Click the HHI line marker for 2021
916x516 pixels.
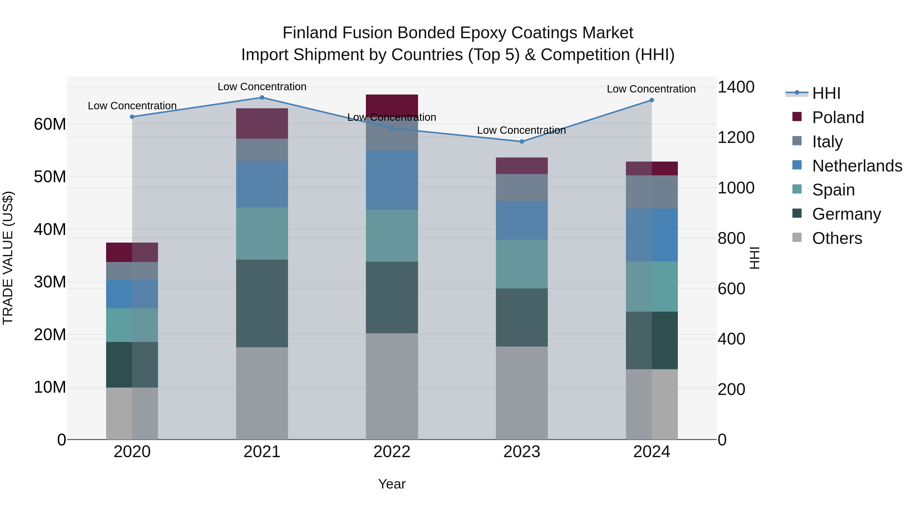tap(262, 98)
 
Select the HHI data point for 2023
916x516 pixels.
tap(522, 141)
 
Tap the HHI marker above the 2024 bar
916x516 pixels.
tap(651, 100)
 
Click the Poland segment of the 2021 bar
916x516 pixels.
tap(262, 123)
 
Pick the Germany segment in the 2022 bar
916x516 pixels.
tap(392, 297)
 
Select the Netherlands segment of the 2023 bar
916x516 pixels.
tap(522, 220)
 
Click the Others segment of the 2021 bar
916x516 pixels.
tap(262, 393)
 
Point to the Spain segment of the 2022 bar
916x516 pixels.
tap(392, 235)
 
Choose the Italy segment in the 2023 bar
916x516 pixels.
tap(522, 187)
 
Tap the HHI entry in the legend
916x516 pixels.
tap(826, 93)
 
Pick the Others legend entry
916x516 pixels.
tap(837, 238)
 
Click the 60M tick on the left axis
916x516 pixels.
tap(50, 124)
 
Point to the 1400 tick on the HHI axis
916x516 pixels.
tap(736, 87)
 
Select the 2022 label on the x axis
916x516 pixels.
tap(392, 452)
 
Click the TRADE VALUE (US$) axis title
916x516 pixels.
tap(8, 258)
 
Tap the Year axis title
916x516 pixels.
tap(392, 484)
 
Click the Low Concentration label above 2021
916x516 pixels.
tap(262, 87)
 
